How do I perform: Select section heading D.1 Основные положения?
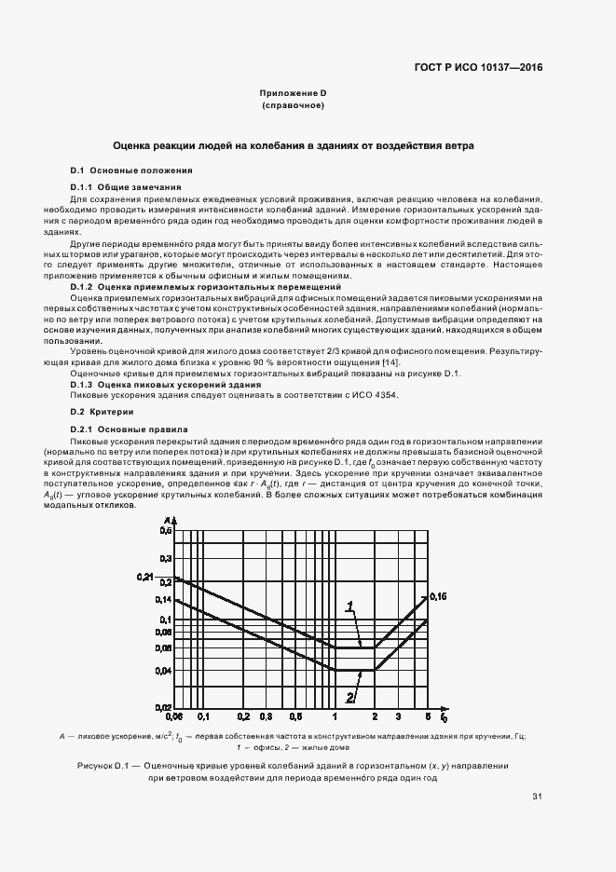(131, 170)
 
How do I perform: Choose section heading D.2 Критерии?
(103, 411)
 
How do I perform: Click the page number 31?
(537, 796)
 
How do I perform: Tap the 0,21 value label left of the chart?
(143, 578)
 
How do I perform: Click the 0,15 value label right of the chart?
(438, 595)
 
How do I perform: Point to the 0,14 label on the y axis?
(164, 602)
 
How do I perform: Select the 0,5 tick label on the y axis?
(166, 529)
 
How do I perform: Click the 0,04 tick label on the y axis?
(164, 671)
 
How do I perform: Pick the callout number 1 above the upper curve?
(350, 606)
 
